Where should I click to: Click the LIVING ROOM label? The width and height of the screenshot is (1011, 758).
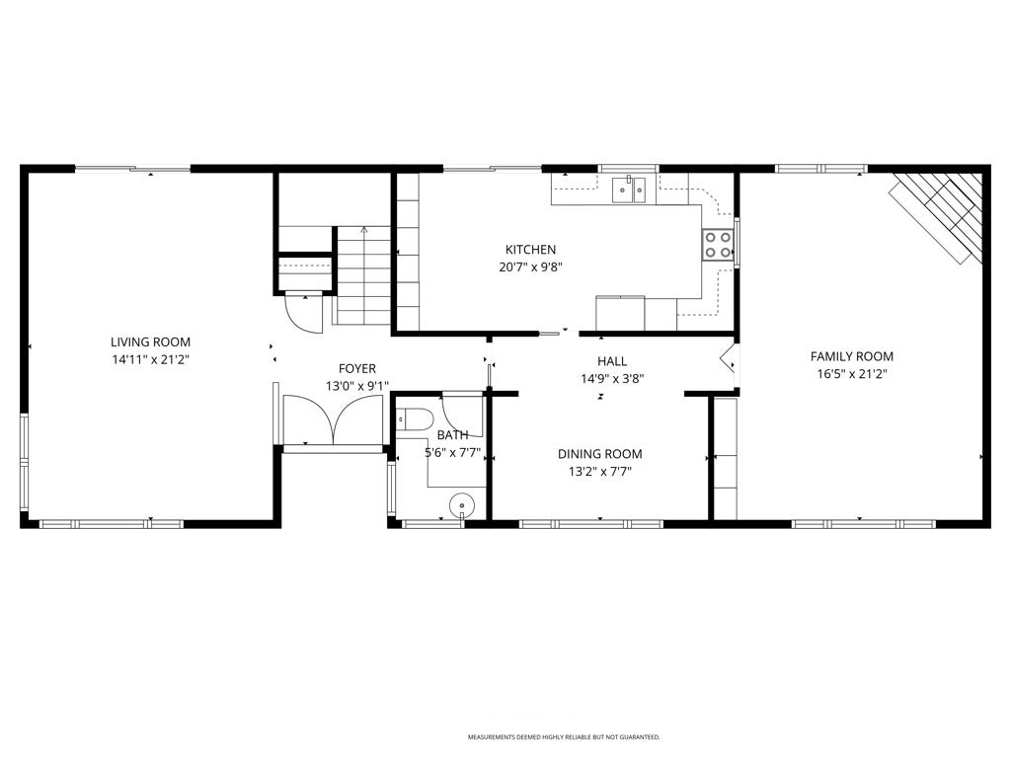(150, 342)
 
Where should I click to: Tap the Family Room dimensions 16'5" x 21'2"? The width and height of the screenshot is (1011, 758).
(851, 374)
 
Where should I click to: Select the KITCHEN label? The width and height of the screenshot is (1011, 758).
(530, 250)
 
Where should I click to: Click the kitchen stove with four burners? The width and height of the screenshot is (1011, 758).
(718, 245)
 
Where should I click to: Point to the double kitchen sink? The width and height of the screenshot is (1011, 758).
(628, 188)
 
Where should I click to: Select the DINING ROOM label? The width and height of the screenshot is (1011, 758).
(599, 454)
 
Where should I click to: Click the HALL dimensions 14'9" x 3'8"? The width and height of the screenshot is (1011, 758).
(612, 378)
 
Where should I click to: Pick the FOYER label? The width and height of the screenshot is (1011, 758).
(357, 368)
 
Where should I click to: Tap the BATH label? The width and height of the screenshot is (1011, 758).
(452, 435)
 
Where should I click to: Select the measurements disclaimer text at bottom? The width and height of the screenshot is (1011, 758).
(564, 737)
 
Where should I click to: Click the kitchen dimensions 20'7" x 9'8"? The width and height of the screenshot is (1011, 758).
(530, 266)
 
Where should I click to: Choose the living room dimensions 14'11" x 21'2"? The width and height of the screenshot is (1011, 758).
(150, 360)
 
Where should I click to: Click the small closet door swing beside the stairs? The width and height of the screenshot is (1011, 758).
(304, 313)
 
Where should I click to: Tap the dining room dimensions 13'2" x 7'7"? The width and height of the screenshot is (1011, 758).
(599, 471)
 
